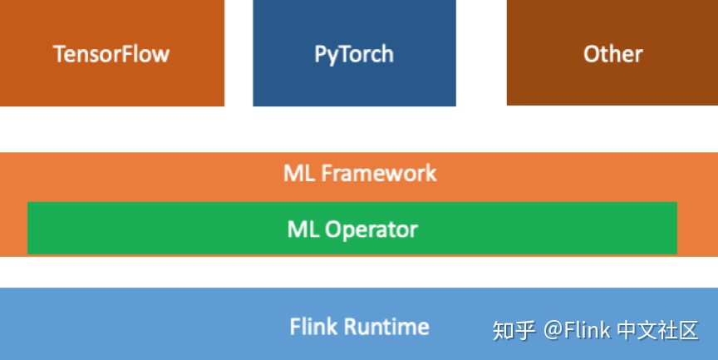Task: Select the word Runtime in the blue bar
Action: [386, 327]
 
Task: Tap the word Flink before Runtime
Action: [313, 327]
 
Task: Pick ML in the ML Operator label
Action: [302, 229]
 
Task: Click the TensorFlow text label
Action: [111, 55]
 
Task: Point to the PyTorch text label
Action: [354, 55]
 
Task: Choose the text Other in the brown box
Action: [612, 55]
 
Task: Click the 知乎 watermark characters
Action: [514, 330]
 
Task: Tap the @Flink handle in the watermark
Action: [578, 330]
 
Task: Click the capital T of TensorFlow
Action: [59, 55]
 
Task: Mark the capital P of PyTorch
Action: [321, 55]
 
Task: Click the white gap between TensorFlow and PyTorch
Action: [239, 53]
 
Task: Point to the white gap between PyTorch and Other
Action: [481, 53]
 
